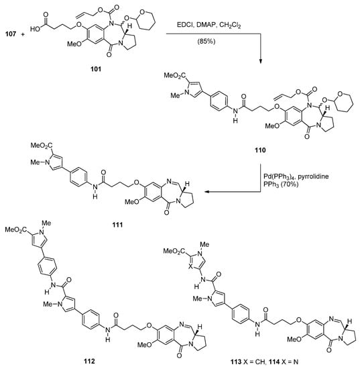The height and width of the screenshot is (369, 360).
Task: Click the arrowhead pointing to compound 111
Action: (x=206, y=193)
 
